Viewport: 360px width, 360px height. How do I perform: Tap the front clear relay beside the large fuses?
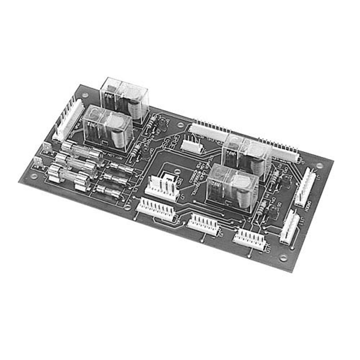[x=108, y=128]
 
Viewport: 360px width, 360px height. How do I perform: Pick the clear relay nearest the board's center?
[x=232, y=187]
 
